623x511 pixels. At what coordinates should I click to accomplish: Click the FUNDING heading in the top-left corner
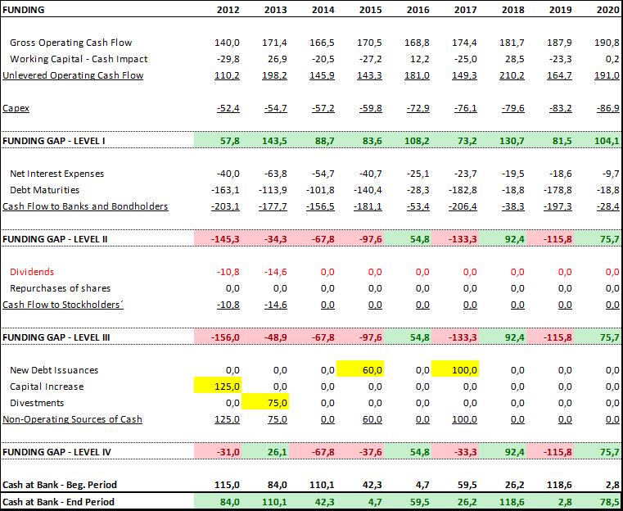point(25,10)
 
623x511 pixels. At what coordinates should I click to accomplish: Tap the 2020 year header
point(607,10)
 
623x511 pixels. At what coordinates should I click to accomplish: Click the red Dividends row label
point(32,272)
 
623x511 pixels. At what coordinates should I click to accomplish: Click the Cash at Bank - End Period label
point(59,501)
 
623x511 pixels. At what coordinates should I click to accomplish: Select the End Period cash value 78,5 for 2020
point(607,501)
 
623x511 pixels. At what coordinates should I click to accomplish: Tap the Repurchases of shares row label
point(60,288)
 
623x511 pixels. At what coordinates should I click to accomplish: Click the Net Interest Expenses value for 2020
point(608,174)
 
